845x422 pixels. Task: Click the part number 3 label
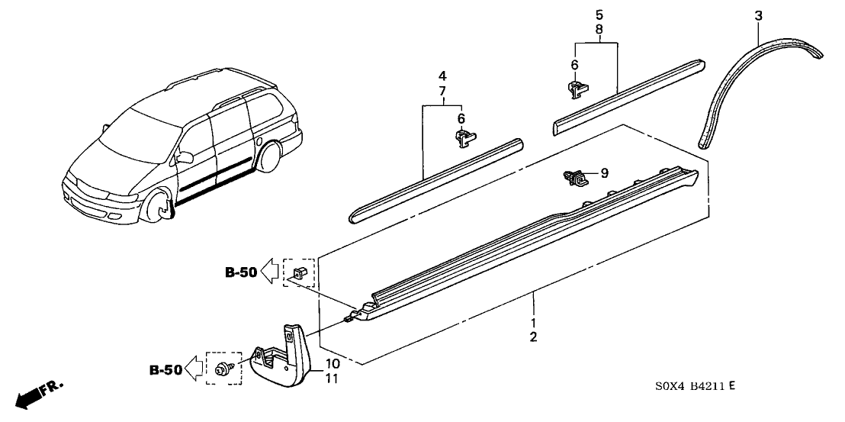[x=758, y=15]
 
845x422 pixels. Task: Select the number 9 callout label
[x=604, y=174]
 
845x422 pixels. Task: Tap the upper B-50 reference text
[x=240, y=271]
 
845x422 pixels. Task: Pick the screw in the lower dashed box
[x=225, y=368]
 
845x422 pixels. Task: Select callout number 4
[x=442, y=76]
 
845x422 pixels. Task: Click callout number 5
[x=599, y=14]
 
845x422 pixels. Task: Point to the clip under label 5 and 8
[x=577, y=89]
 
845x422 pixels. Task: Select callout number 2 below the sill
[x=533, y=337]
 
